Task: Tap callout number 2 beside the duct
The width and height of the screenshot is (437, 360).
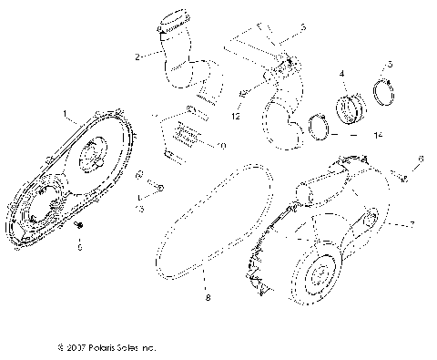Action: [137, 57]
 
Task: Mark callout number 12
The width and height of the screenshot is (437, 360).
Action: [239, 118]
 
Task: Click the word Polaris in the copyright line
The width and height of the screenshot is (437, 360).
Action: [95, 347]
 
